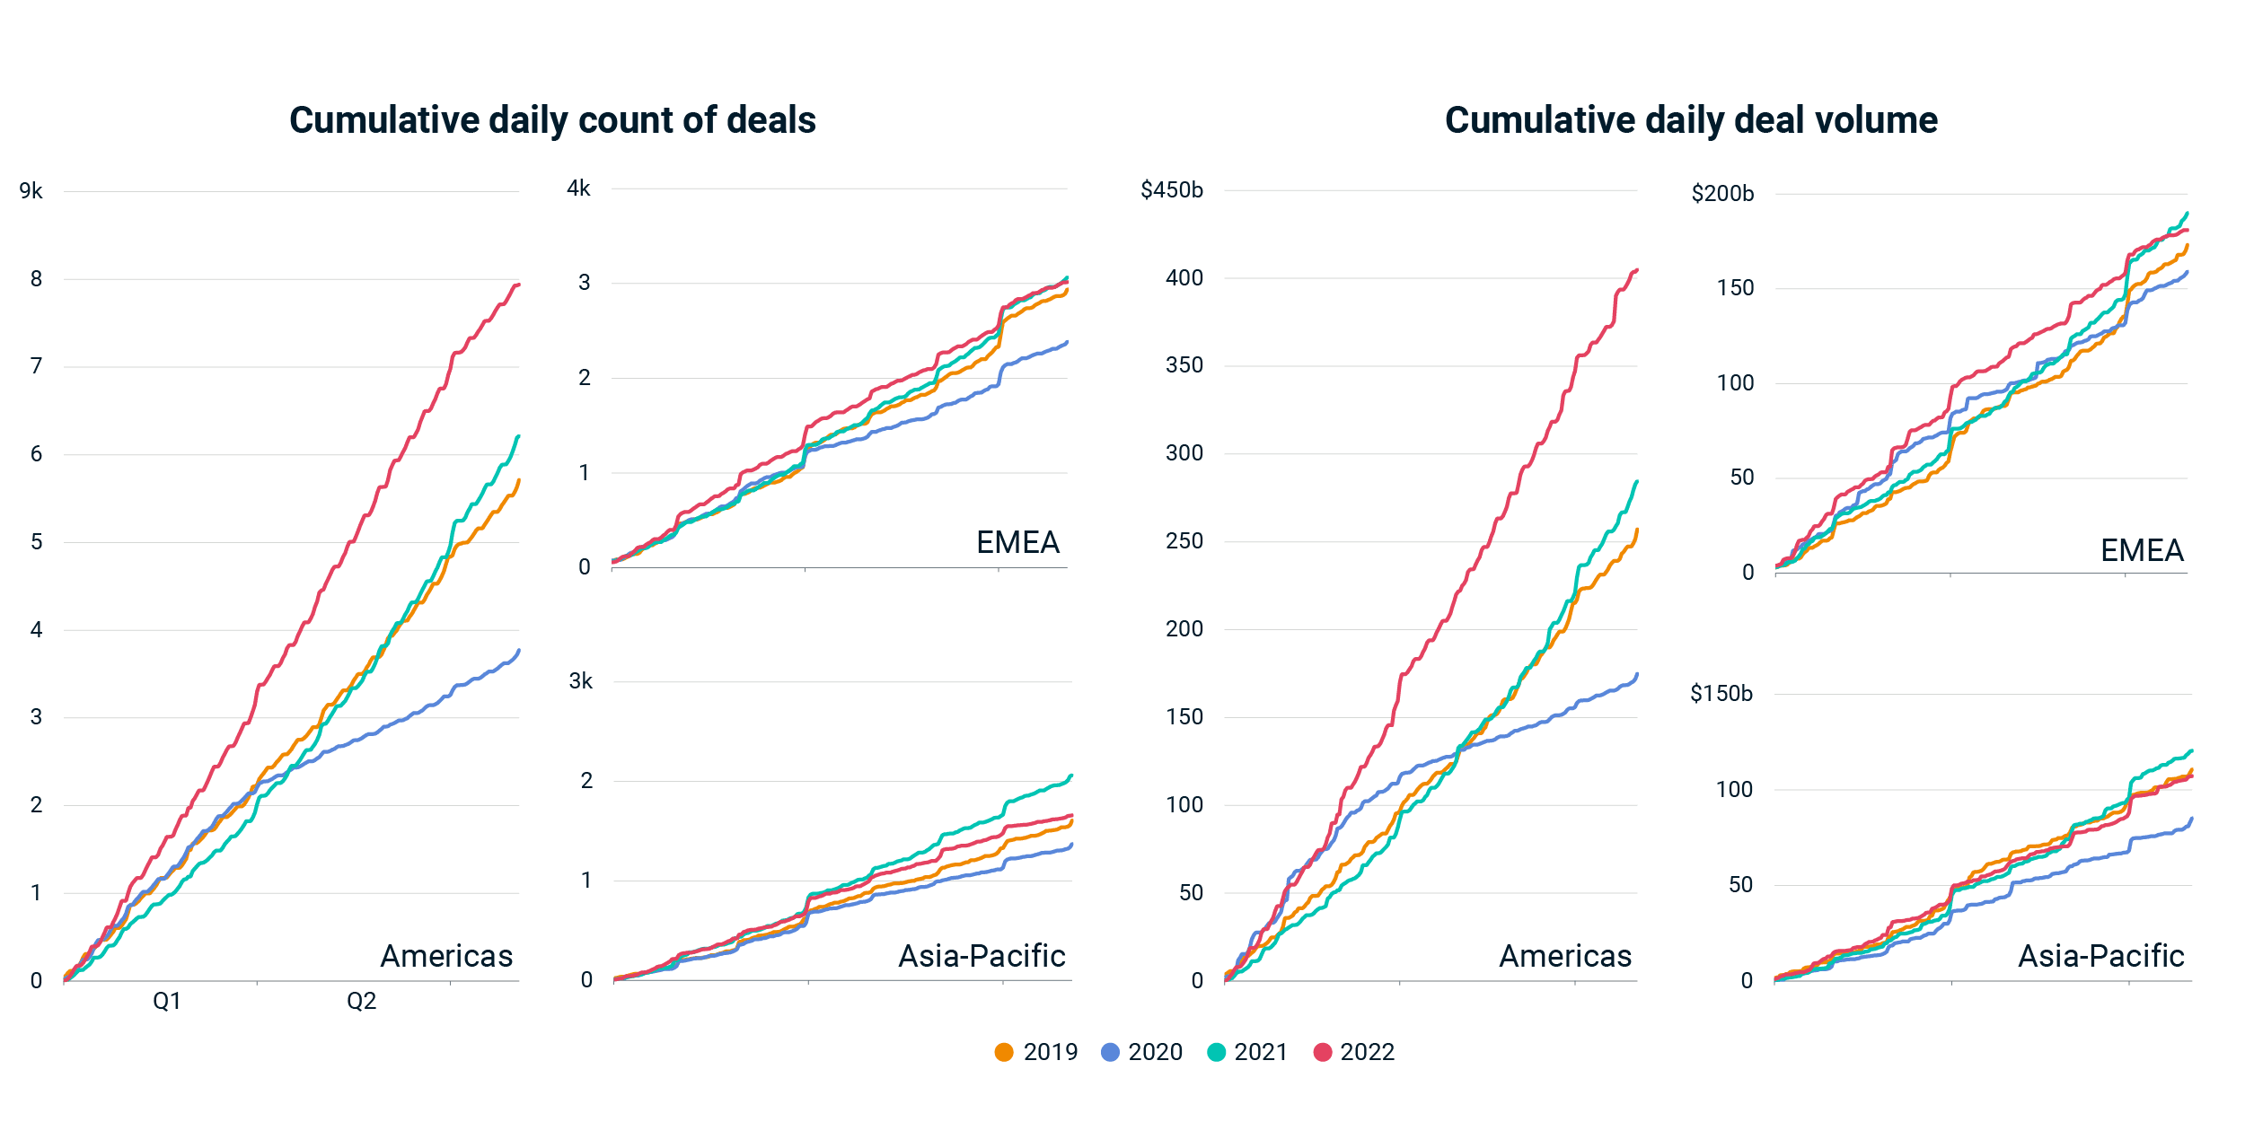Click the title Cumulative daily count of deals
pos(552,120)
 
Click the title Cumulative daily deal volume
pos(1691,120)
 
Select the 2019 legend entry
pos(1036,1052)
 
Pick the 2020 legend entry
pos(1141,1052)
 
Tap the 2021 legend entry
pos(1247,1052)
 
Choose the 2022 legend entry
pos(1353,1052)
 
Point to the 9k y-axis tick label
pos(31,191)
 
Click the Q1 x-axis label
pos(167,1001)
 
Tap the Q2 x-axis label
pos(362,1001)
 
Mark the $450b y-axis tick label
pos(1172,190)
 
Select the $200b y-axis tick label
pos(1722,194)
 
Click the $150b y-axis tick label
pos(1721,693)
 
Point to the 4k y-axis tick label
pos(579,188)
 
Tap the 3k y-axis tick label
pos(581,681)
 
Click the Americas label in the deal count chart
pos(446,956)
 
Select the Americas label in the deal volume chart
pos(1565,956)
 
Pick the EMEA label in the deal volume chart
pos(2142,550)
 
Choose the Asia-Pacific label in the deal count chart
pos(982,956)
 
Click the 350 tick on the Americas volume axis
pos(1184,365)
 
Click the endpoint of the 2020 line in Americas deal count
pos(519,651)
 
